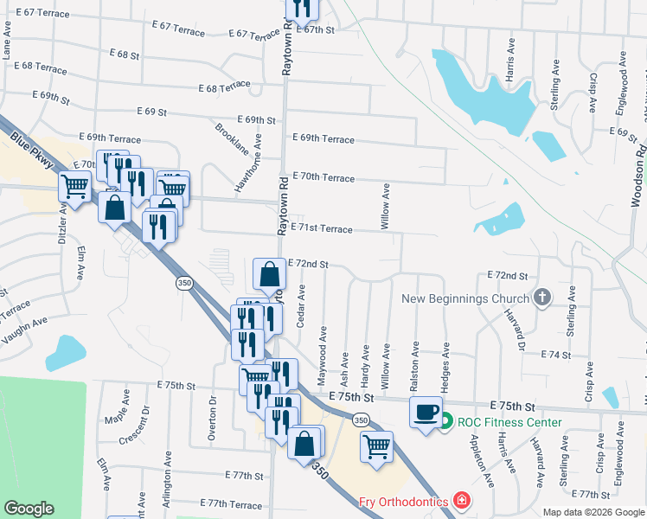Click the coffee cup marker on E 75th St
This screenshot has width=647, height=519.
[x=425, y=412]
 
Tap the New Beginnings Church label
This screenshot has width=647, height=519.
[x=465, y=299]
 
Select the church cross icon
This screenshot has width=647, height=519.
[x=541, y=298]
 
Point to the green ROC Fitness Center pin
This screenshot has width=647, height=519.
[x=445, y=423]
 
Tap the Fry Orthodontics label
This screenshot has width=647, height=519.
[x=403, y=502]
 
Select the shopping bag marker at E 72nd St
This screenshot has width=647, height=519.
[x=270, y=274]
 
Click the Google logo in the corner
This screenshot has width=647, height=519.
[x=29, y=509]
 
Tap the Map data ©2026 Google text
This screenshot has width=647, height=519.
[x=593, y=512]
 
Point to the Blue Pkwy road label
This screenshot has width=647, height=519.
[x=33, y=149]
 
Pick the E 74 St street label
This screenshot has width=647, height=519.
[x=557, y=356]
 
